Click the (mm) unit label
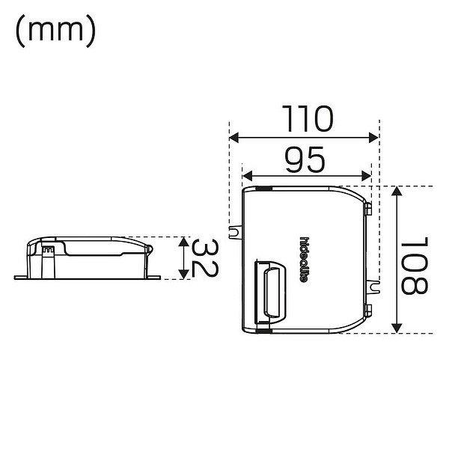point(55,31)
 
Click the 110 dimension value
point(308,119)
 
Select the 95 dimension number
point(305,160)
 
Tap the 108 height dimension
point(415,266)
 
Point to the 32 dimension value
point(204,258)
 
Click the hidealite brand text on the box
point(304,260)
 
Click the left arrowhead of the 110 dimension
point(233,138)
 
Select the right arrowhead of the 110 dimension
point(373,138)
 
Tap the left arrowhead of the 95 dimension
point(247,176)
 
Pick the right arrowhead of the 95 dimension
point(367,176)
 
